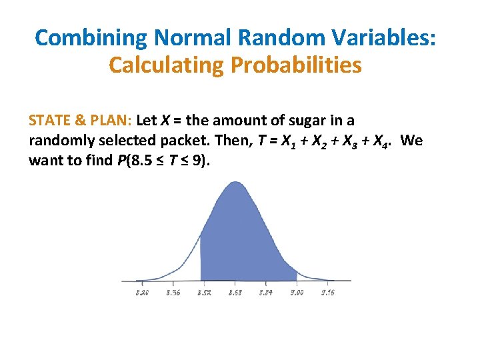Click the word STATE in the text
point(49,121)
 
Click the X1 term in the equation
point(288,142)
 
